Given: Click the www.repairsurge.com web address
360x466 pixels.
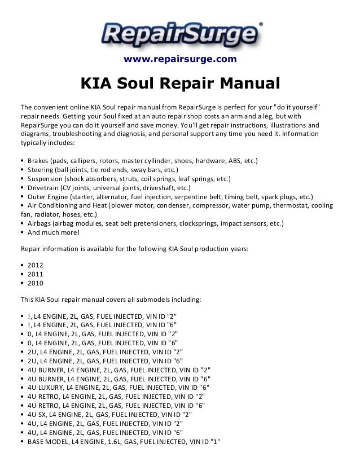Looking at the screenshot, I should pos(180,59).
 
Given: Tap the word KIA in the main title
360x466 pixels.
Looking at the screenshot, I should pos(96,85).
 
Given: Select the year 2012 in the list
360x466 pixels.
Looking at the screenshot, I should pos(34,263).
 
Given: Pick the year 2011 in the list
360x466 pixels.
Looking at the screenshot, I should pos(34,273).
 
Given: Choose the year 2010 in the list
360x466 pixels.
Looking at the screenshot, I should pos(34,283).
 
